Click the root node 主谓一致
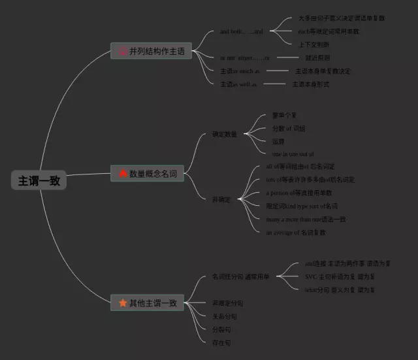39,181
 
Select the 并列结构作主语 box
151,50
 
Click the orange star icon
123,303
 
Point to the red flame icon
123,174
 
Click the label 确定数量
224,134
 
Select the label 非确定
221,199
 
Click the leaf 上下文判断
313,44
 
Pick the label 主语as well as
238,84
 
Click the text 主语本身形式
310,84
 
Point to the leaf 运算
279,141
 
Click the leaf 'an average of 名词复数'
296,232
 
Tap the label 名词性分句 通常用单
240,277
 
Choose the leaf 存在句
221,342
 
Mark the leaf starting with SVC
339,276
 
